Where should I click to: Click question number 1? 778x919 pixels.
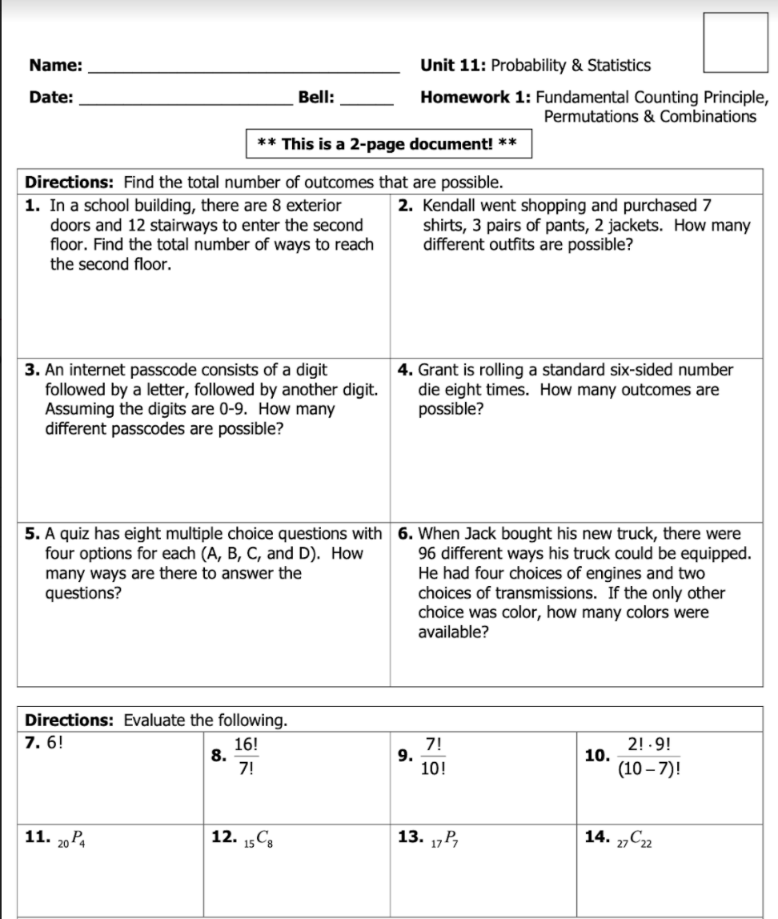click(x=34, y=206)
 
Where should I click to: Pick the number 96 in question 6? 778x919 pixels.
click(x=428, y=553)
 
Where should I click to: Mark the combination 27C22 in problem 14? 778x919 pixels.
click(x=641, y=839)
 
